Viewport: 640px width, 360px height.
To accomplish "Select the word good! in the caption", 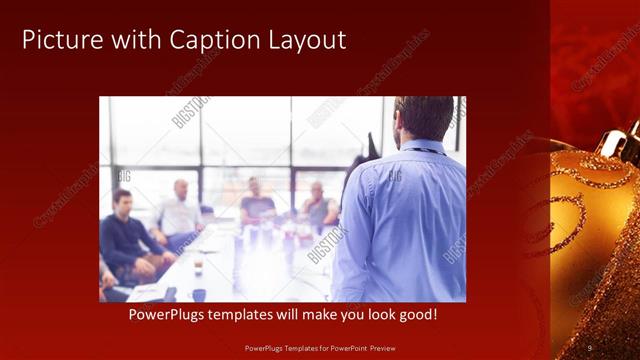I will pos(441,315).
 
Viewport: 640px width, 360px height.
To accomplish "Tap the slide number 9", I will pos(589,347).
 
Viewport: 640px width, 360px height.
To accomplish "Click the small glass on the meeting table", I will pos(199,264).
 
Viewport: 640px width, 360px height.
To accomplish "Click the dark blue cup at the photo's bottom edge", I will pos(199,295).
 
